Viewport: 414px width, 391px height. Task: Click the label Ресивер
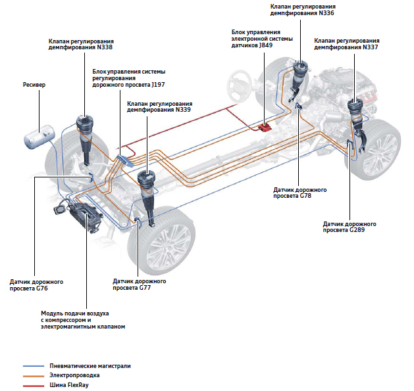[35, 85]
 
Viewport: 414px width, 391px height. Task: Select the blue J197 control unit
[125, 159]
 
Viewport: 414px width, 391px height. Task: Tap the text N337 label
[369, 48]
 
